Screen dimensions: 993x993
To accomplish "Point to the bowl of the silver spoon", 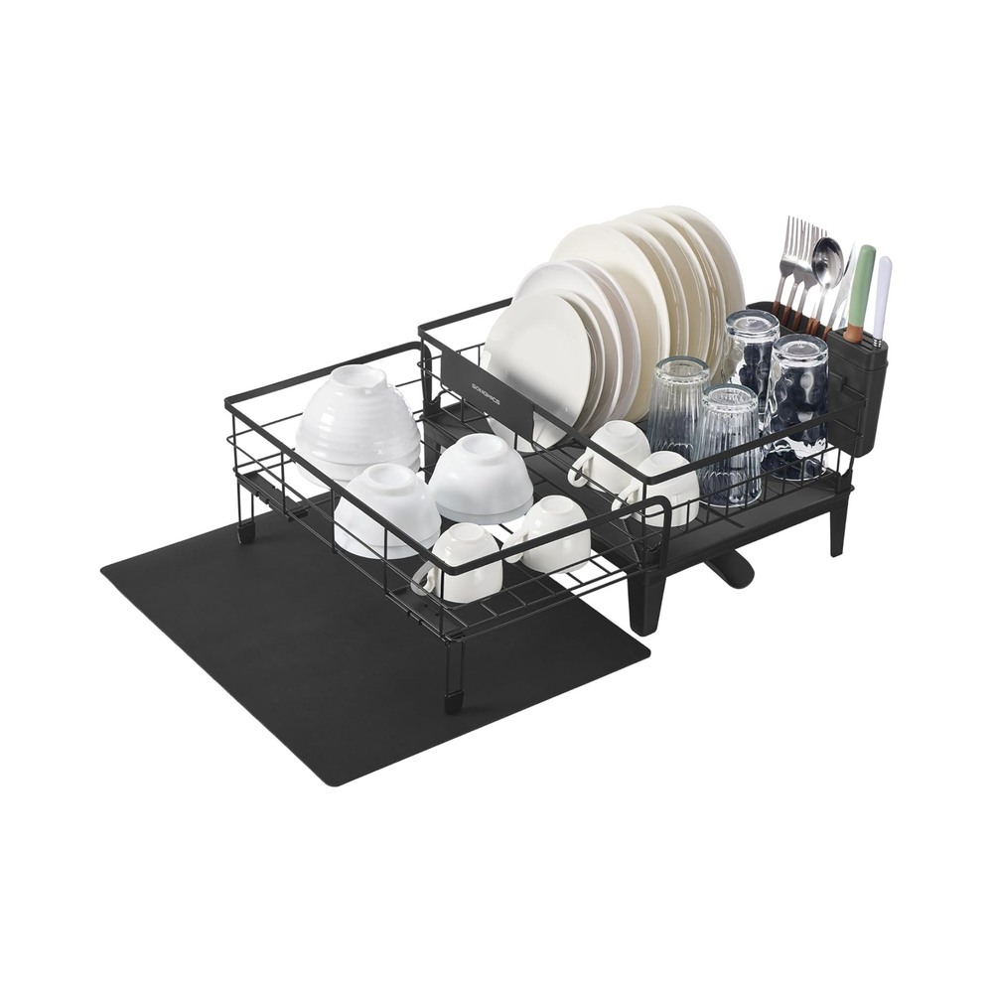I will point(827,260).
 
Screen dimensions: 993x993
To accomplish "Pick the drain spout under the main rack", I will point(731,570).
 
